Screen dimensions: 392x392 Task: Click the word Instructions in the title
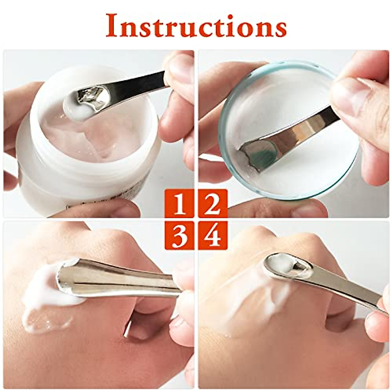tap(196, 25)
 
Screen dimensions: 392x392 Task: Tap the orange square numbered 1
tap(179, 203)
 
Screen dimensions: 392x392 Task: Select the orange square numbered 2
tap(213, 203)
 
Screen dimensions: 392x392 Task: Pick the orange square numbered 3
tap(179, 235)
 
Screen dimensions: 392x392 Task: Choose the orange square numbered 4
tap(213, 235)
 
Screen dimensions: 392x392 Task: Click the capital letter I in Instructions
tap(112, 25)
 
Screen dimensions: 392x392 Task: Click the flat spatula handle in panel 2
tap(304, 131)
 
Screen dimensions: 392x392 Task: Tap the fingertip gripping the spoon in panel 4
tap(376, 323)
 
